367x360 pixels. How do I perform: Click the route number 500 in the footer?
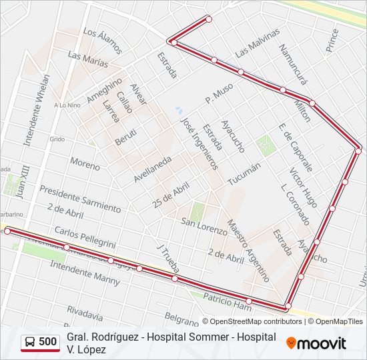47,342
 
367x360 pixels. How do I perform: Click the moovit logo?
316,343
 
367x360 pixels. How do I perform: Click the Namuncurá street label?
293,64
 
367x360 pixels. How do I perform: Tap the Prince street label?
332,40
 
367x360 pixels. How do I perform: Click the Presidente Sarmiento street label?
80,199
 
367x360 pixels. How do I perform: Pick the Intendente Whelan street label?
37,110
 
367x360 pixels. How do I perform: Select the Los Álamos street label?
103,41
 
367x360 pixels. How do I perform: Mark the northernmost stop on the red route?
208,19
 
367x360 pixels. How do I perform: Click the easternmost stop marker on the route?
358,151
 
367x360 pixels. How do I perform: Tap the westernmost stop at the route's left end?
7,231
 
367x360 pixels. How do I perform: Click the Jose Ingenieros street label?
200,144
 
